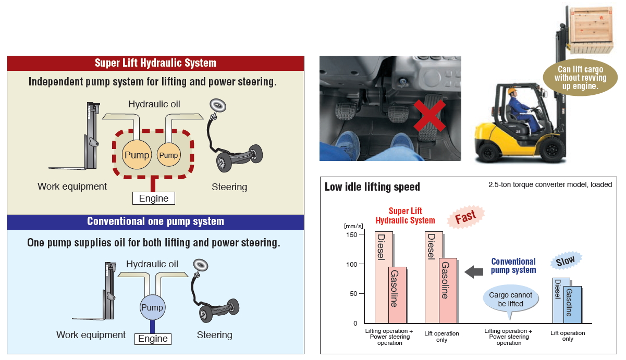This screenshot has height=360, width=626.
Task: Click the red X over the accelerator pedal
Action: [429, 116]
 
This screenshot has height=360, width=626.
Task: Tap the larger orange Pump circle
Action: [137, 155]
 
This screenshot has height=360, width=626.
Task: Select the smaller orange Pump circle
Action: [168, 155]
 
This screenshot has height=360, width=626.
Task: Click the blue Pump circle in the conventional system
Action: [152, 307]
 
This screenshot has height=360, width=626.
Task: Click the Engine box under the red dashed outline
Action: [154, 198]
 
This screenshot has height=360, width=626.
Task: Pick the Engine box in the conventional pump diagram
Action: [153, 339]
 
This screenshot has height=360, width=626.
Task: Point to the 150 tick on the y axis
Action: [361, 234]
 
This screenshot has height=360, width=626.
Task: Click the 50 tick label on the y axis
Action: [353, 293]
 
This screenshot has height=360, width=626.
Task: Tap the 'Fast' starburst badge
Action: [465, 217]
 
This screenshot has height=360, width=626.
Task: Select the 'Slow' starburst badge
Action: [566, 260]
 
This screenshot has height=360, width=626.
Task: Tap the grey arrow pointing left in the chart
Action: [474, 272]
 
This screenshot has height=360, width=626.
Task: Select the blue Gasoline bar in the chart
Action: [572, 304]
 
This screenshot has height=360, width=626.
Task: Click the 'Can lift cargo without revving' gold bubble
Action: [580, 78]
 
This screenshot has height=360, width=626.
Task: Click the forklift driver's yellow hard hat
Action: [512, 91]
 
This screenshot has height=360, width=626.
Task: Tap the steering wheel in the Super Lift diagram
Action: [218, 106]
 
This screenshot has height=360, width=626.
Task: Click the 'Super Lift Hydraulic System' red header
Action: [156, 63]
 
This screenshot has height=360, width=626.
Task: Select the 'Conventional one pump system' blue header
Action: [156, 221]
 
